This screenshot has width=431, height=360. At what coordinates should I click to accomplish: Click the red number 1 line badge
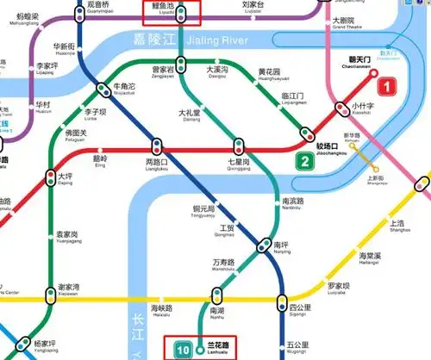(388, 86)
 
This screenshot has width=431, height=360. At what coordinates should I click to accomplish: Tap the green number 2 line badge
(303, 160)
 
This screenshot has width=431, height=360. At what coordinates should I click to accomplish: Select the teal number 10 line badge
(184, 349)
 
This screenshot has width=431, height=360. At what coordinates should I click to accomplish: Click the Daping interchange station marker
(50, 178)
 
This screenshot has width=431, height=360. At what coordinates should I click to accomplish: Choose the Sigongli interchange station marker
(282, 301)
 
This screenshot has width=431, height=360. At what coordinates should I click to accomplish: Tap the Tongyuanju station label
(208, 212)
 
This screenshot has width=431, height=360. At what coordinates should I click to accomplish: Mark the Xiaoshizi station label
(362, 109)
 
